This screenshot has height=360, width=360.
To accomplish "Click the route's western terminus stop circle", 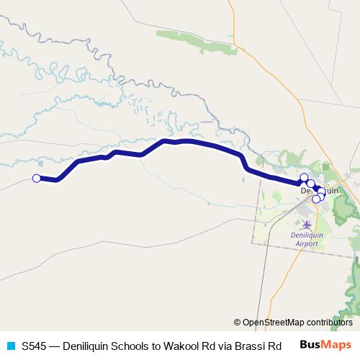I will coord(36,179).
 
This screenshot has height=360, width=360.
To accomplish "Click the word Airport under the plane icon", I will coord(307,244).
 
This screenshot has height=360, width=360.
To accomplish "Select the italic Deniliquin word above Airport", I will coord(307,235).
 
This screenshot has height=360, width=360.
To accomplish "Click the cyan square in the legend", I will coord(10,345).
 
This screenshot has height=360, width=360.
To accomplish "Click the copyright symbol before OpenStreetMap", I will coord(238,323).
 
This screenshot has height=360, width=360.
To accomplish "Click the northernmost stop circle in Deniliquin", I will coord(304,178).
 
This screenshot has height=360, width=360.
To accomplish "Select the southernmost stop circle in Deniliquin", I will coord(315,199).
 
